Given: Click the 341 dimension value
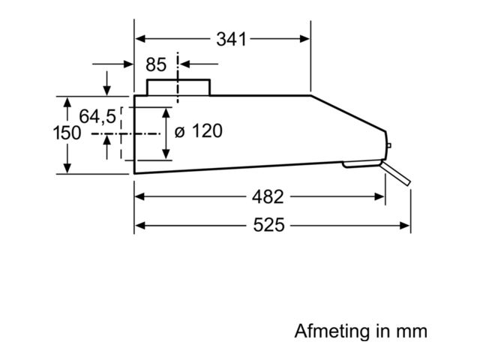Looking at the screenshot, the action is [231, 40].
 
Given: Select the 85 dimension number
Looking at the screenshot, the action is [156, 64].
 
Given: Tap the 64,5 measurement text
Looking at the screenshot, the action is [97, 117].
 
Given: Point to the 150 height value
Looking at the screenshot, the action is [67, 133].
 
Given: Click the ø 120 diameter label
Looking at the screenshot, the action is [198, 131].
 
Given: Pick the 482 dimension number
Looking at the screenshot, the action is [268, 196].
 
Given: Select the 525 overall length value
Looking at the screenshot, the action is [268, 225].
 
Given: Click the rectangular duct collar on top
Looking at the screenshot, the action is [178, 87].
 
